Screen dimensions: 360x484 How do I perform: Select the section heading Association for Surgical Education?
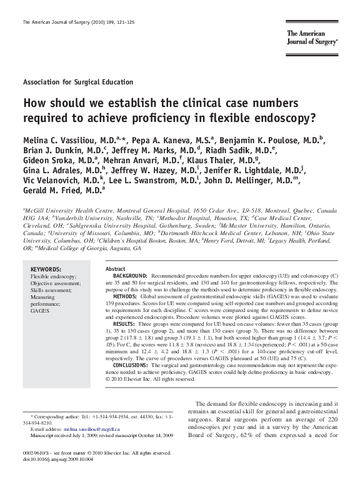(77, 82)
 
